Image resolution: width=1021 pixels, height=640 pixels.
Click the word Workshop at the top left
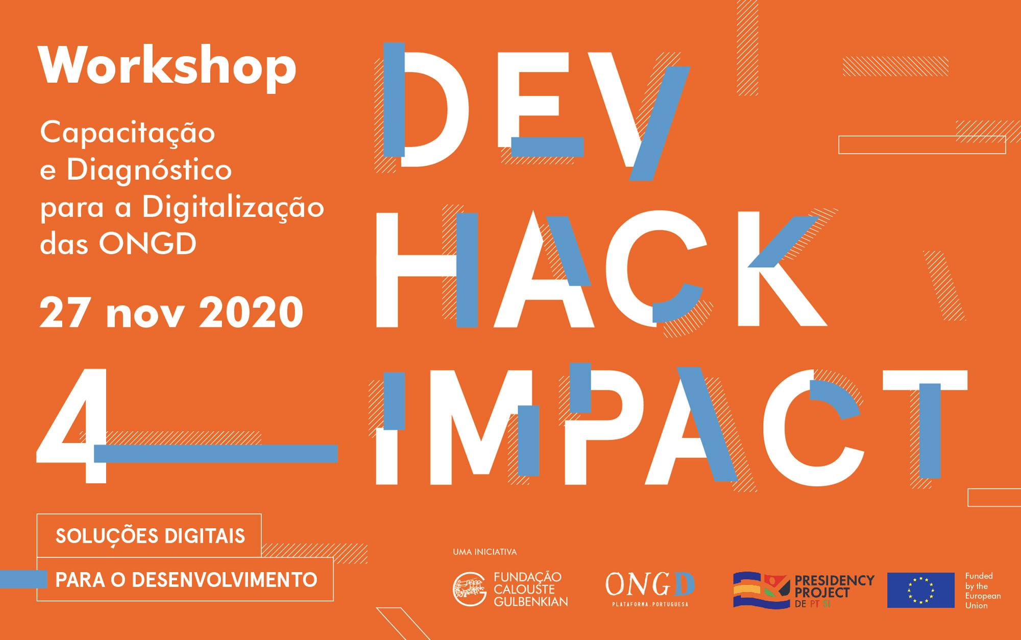click(x=167, y=66)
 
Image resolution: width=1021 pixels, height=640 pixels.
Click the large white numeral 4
click(x=73, y=425)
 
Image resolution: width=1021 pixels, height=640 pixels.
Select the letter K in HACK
click(x=781, y=269)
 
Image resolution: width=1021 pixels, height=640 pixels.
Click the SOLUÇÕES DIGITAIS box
click(x=149, y=535)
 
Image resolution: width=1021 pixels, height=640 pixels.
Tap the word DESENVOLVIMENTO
click(x=225, y=580)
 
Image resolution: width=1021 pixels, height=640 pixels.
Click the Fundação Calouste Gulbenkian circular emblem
click(x=469, y=589)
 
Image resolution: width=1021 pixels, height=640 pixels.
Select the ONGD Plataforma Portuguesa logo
click(x=650, y=589)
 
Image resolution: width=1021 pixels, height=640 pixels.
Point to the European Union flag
click(x=921, y=590)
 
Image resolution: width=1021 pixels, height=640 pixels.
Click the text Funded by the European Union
click(x=983, y=590)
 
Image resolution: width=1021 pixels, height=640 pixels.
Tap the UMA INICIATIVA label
click(x=484, y=552)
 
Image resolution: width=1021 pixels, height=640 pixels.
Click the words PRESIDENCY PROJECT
click(x=834, y=586)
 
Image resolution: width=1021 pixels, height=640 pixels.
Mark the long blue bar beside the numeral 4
click(x=215, y=454)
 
